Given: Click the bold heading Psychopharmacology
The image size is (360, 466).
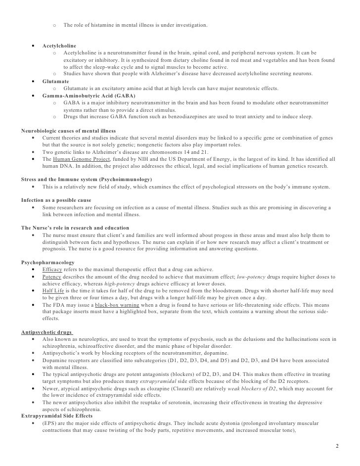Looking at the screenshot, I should (x=47, y=262).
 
